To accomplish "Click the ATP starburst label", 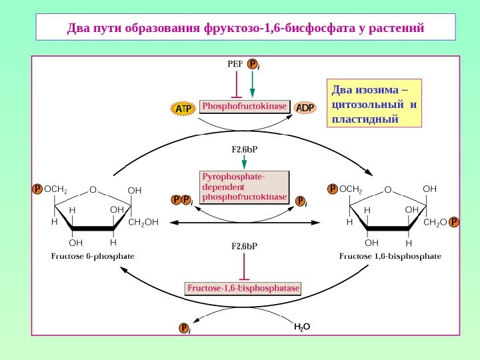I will click(x=183, y=108).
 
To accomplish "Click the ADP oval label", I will click(x=305, y=107).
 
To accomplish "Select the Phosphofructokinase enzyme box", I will click(x=245, y=107).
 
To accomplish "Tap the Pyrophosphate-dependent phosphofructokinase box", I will click(x=245, y=187).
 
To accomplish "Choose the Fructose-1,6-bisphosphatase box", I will click(x=243, y=289).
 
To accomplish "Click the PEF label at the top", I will click(x=235, y=65).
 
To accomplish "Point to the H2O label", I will click(x=303, y=327).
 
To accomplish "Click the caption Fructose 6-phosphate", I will click(x=93, y=255).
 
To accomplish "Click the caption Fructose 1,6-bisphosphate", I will click(x=391, y=255).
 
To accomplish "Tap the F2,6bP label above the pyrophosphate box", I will click(x=244, y=149).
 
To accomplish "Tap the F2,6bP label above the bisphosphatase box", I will click(x=244, y=246).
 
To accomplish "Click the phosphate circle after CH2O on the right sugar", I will click(x=454, y=221).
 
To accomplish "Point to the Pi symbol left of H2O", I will click(x=184, y=328).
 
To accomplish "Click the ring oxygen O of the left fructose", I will click(x=93, y=189).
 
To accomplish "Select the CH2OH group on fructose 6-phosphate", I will click(x=143, y=222).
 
